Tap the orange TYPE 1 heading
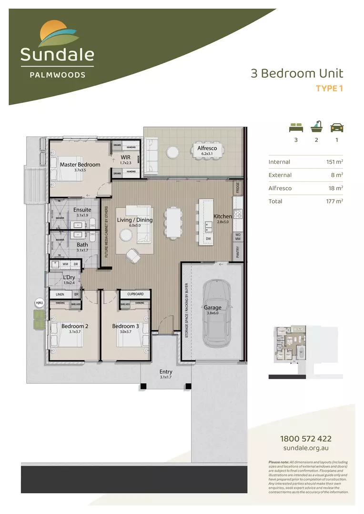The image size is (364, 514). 330,88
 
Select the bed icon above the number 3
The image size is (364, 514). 296,127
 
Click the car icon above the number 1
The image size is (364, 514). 337,127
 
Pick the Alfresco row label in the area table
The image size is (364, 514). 280,188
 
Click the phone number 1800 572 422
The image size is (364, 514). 306,439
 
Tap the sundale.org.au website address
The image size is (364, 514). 306,448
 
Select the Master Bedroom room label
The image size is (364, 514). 80,165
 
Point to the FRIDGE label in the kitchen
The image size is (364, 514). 237,188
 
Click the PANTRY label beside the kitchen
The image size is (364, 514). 237,252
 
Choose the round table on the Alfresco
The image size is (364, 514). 172,151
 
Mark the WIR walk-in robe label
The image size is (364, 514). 126,157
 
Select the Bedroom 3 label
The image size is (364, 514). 126,326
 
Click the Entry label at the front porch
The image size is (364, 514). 166,372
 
